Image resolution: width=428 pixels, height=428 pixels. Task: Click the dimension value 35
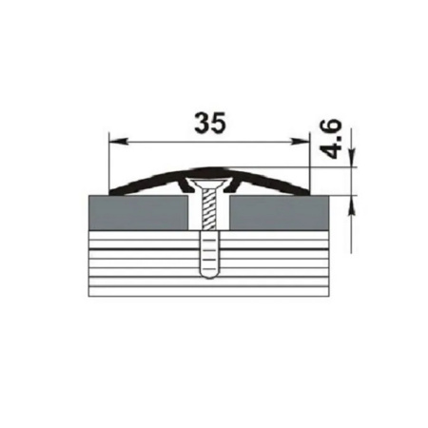click(x=211, y=124)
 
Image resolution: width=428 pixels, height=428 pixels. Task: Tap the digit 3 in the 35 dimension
click(x=203, y=124)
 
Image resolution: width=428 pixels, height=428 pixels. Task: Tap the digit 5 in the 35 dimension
click(x=220, y=124)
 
